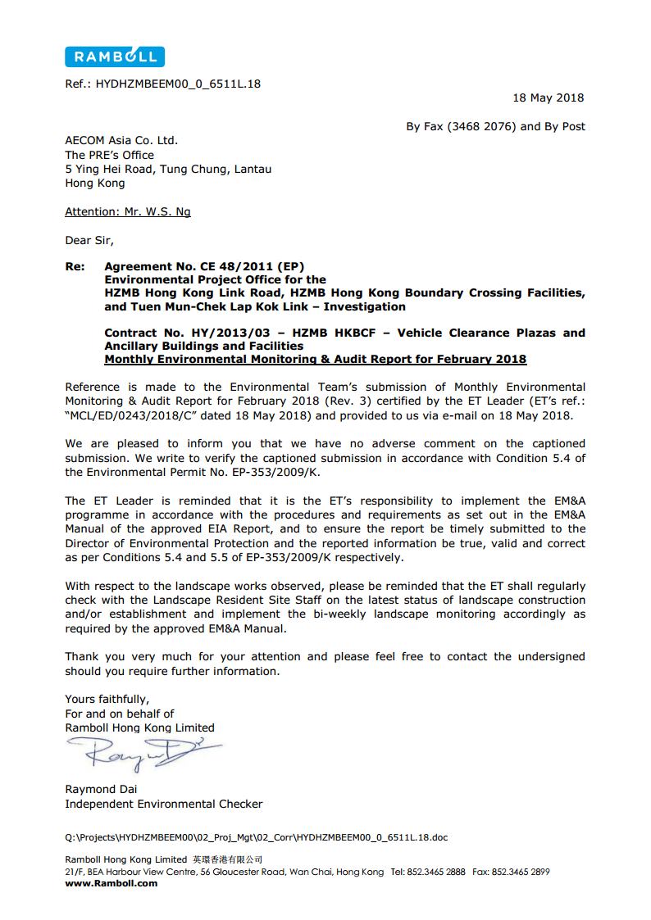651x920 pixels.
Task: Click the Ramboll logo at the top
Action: click(x=115, y=56)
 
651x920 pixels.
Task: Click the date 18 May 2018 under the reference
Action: click(x=549, y=97)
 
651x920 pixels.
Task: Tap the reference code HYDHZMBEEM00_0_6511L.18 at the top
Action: click(x=178, y=83)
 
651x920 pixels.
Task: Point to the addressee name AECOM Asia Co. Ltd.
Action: click(x=121, y=140)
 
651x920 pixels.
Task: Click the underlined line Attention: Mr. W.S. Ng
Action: click(x=128, y=211)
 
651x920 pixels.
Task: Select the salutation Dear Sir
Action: click(x=89, y=240)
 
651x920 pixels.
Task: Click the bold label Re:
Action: click(x=75, y=266)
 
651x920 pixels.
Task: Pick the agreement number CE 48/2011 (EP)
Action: click(x=251, y=266)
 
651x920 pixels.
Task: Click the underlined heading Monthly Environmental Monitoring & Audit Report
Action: click(x=316, y=359)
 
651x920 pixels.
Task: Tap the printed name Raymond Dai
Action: click(x=102, y=789)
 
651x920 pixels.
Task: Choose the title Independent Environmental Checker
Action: click(x=164, y=804)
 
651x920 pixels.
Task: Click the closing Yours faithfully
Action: click(x=107, y=699)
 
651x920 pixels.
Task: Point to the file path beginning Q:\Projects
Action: click(x=257, y=837)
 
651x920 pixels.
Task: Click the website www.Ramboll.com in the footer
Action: click(x=111, y=883)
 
